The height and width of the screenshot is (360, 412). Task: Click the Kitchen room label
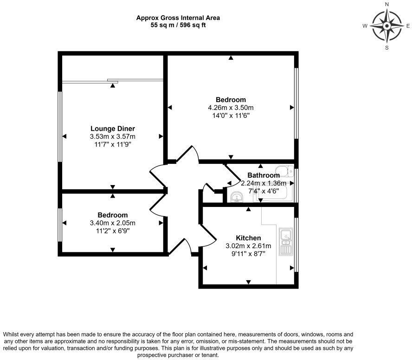(248, 238)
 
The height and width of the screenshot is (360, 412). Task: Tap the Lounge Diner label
(113, 129)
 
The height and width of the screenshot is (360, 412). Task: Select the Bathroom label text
(263, 175)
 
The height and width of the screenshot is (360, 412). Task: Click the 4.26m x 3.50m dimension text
(231, 108)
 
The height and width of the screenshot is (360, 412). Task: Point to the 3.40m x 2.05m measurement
(113, 223)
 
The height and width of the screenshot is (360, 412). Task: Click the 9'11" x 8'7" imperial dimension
(248, 254)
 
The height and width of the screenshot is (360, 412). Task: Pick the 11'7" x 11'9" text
(113, 144)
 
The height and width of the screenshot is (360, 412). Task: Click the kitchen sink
(285, 241)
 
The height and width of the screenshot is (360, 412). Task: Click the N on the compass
(387, 4)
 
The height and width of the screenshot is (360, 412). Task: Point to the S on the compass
(387, 47)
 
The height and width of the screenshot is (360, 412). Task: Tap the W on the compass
(365, 26)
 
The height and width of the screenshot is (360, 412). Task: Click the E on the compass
(408, 26)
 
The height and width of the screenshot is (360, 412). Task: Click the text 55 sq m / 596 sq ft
(178, 25)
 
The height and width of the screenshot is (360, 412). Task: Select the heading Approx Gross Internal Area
(178, 18)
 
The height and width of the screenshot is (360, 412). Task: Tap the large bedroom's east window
(296, 103)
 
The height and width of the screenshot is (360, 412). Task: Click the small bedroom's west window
(60, 225)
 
